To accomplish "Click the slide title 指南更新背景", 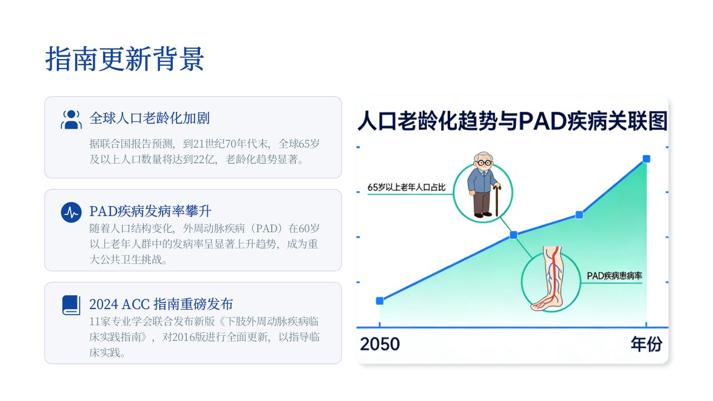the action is [124, 58].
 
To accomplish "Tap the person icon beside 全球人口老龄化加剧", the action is [71, 119].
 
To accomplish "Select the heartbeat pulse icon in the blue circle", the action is [71, 212].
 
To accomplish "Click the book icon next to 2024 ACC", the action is [71, 305].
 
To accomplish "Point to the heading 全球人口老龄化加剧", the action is [150, 118].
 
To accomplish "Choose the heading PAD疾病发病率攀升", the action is [150, 211].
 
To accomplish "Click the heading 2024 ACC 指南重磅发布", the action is [161, 304].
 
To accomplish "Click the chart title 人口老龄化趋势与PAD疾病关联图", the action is [512, 121].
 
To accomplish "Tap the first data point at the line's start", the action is [380, 301].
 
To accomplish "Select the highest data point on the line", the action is [647, 159].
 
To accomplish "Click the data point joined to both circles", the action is [514, 235].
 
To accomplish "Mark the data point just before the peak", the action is [579, 215].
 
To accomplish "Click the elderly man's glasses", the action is [484, 163].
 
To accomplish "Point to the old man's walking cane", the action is [497, 200].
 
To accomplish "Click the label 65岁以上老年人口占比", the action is [407, 187].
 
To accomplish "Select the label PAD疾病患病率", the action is [614, 276].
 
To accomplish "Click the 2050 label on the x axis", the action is [380, 344].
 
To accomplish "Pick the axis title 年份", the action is [647, 344].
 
